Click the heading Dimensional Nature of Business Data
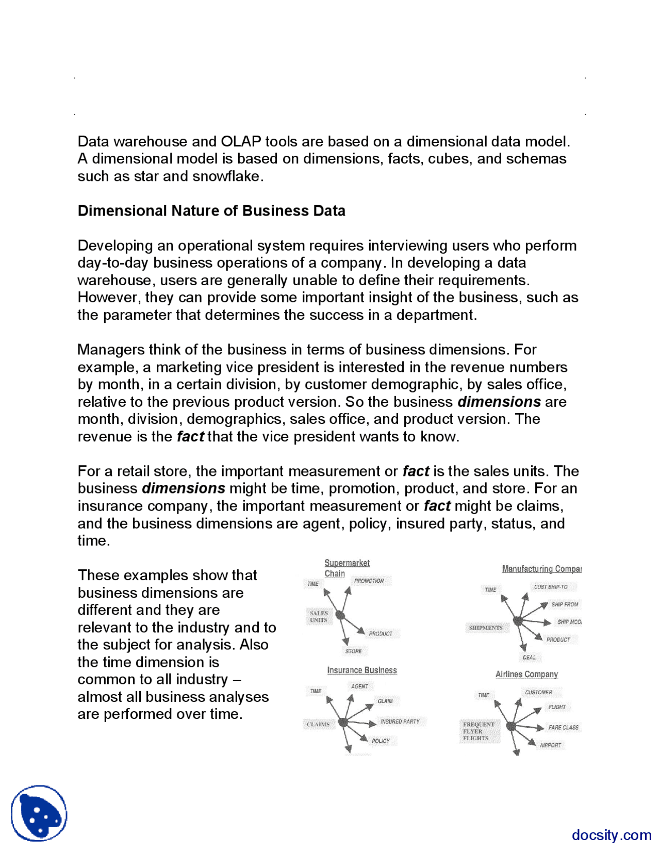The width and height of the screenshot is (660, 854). [211, 211]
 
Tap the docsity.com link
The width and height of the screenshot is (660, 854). [611, 834]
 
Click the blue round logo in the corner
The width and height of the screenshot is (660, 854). [39, 813]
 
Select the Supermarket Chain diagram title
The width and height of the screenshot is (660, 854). [346, 568]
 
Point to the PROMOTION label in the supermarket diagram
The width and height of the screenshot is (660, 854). [369, 581]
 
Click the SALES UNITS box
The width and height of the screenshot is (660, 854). [319, 616]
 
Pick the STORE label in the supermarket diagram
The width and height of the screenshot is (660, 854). [353, 651]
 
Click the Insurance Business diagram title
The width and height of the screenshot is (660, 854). [362, 670]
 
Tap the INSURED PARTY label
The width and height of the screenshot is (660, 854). [400, 721]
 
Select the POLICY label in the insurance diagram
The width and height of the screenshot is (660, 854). [381, 741]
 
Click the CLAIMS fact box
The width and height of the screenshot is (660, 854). [318, 724]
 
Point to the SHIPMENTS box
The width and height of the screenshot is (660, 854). [485, 628]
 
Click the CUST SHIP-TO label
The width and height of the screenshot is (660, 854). [551, 587]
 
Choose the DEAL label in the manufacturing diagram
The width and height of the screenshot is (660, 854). [529, 658]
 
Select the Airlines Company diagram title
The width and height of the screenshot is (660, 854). [526, 674]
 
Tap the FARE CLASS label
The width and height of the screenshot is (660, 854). [563, 727]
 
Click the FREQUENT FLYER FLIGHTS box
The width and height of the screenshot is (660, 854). [478, 731]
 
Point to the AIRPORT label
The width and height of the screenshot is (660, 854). [550, 745]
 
